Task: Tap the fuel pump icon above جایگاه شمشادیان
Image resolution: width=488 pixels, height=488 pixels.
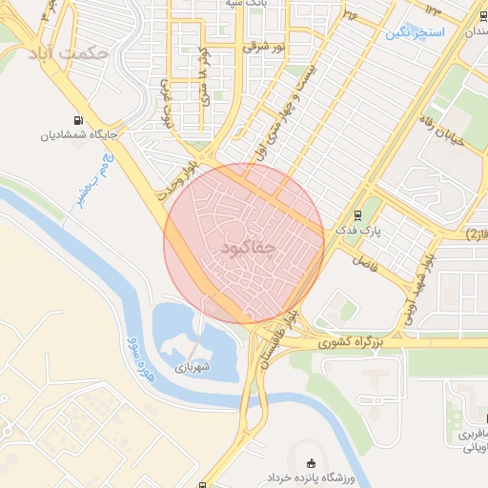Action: click(x=76, y=120)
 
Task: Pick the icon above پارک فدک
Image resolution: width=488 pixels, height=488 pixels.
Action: click(x=357, y=215)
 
